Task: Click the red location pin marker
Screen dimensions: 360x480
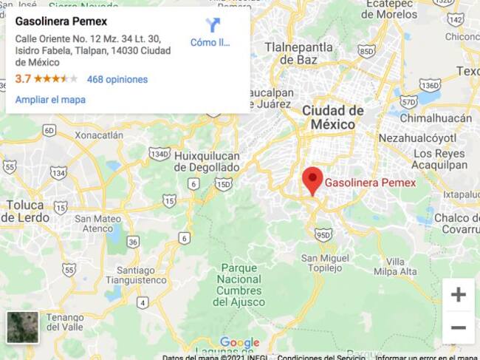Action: (x=312, y=180)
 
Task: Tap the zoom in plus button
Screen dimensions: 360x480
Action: (x=458, y=295)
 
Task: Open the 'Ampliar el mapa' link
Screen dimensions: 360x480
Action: (x=50, y=100)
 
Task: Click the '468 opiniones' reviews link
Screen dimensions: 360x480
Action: (x=117, y=79)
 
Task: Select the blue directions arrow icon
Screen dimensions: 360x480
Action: (x=213, y=25)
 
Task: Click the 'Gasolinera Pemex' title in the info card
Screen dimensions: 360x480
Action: (x=61, y=21)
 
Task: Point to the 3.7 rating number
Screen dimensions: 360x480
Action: (x=23, y=79)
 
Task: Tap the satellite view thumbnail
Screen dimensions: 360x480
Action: (x=22, y=327)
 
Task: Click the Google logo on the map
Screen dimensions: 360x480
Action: (x=239, y=342)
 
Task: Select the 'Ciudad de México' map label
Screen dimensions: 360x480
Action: (x=333, y=118)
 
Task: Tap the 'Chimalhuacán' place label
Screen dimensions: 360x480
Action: (x=436, y=118)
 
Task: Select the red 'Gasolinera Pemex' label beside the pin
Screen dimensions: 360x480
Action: (x=370, y=183)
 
